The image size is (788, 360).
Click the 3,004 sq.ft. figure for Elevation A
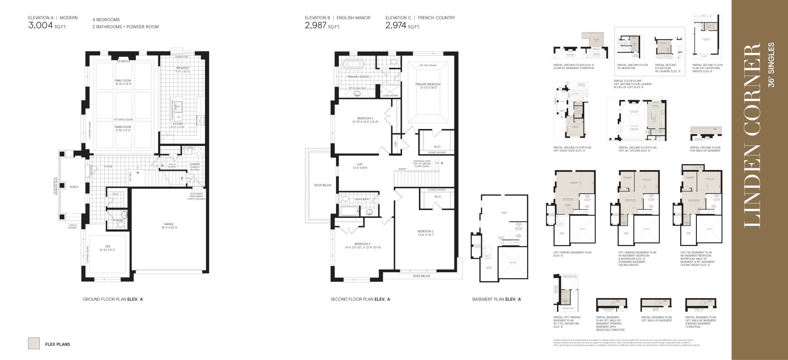point(47,26)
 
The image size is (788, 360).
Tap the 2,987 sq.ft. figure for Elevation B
point(322,26)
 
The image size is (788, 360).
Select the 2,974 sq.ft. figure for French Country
point(402,26)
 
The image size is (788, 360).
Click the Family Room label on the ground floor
point(123,82)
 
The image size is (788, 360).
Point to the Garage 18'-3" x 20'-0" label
point(169,226)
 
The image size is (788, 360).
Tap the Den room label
point(107,248)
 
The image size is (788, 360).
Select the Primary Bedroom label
point(428,86)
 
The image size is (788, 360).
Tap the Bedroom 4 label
point(365,120)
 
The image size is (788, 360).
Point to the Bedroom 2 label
point(425,233)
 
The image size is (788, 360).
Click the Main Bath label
point(362,199)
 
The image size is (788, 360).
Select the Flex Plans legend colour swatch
point(34,343)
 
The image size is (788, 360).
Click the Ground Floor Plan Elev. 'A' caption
point(113,299)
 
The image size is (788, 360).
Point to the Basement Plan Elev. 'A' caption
point(497,299)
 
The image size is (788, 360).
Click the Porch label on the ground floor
point(74,187)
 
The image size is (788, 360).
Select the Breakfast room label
point(183,70)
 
